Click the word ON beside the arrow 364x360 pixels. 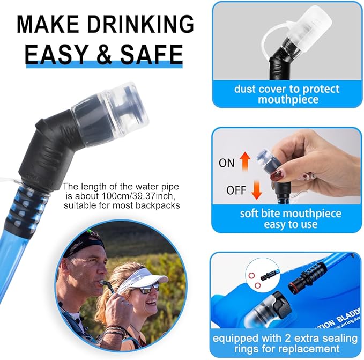click(227, 162)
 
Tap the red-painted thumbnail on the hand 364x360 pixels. click(277, 175)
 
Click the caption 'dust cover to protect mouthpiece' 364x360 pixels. click(287, 94)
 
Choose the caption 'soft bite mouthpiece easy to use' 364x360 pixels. click(291, 219)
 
